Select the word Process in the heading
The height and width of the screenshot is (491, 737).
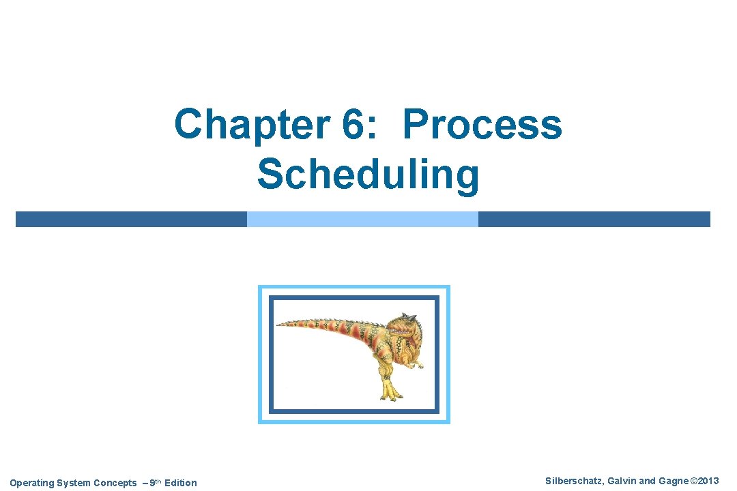[482, 125]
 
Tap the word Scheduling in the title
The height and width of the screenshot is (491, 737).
[369, 174]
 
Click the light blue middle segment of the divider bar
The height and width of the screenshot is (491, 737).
[362, 219]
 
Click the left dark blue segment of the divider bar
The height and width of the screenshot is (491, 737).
[131, 219]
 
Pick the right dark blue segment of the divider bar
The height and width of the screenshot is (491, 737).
[594, 219]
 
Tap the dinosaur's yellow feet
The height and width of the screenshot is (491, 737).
[390, 391]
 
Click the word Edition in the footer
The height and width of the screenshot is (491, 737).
[180, 483]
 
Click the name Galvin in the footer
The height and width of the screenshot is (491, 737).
[621, 481]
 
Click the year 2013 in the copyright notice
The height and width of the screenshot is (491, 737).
[708, 481]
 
